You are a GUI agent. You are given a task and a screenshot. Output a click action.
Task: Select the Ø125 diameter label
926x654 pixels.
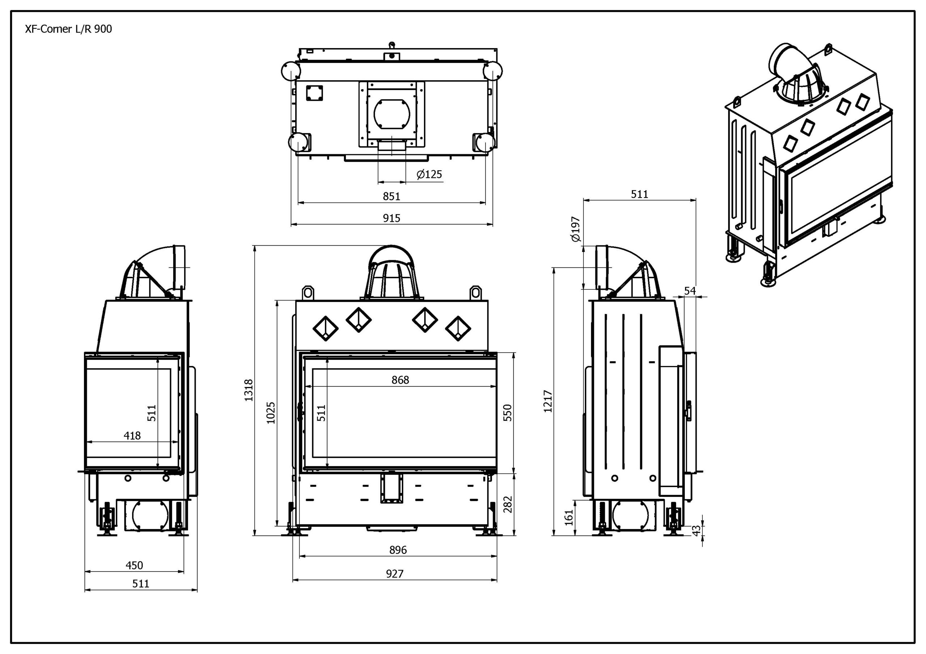[x=429, y=175]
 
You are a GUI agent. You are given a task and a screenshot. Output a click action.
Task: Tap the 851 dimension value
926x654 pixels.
[x=391, y=196]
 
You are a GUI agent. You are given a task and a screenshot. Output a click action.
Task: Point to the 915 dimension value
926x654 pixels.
[x=391, y=218]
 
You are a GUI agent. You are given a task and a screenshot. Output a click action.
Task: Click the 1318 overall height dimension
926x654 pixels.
[x=249, y=390]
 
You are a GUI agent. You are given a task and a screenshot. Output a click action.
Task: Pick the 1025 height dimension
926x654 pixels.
[x=271, y=413]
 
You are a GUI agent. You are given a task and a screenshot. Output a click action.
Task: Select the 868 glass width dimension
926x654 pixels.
[x=400, y=380]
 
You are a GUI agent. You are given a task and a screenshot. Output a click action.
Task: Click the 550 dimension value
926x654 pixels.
[x=508, y=413]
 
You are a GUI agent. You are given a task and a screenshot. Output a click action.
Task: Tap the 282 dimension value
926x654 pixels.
[x=508, y=504]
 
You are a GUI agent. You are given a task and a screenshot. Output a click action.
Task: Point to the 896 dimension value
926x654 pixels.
[x=398, y=550]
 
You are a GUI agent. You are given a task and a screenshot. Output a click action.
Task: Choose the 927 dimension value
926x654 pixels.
[x=394, y=574]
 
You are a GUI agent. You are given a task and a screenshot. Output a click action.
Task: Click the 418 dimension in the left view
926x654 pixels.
[x=132, y=436]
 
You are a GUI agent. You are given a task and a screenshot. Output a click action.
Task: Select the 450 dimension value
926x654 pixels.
[x=134, y=565]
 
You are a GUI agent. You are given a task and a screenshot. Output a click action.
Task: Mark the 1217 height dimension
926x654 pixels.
[x=548, y=401]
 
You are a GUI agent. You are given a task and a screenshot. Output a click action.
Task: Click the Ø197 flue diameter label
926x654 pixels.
[x=575, y=229]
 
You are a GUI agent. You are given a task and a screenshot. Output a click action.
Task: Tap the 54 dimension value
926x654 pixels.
[x=690, y=291]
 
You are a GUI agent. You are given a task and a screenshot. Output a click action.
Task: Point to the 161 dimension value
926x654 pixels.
[x=569, y=517]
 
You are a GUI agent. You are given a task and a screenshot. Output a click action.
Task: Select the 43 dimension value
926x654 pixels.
[x=697, y=530]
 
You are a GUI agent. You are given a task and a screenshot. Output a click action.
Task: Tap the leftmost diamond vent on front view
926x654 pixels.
[x=326, y=328]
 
